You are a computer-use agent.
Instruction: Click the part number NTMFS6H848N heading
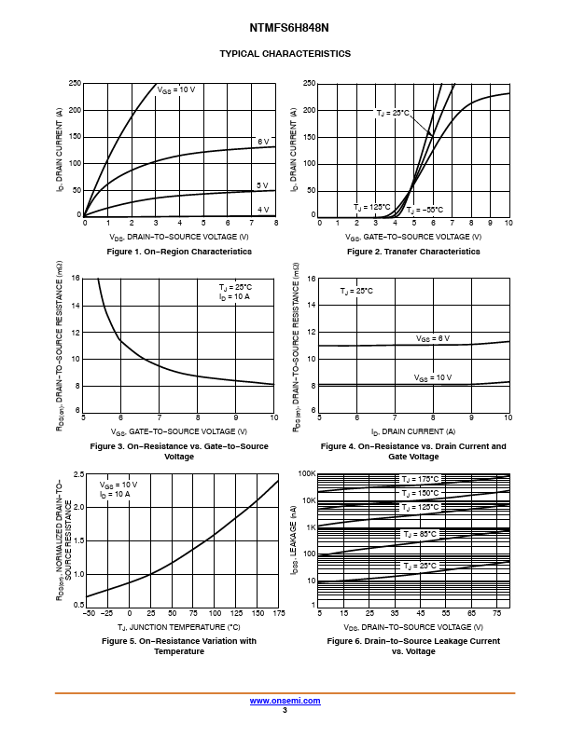pyautogui.click(x=285, y=28)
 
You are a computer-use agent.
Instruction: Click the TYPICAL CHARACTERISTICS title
pyautogui.click(x=285, y=54)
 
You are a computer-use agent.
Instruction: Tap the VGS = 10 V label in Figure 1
pyautogui.click(x=176, y=89)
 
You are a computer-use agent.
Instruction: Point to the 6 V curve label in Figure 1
pyautogui.click(x=263, y=142)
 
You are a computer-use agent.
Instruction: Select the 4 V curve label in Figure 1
pyautogui.click(x=263, y=210)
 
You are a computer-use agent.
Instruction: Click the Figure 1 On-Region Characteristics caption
pyautogui.click(x=179, y=252)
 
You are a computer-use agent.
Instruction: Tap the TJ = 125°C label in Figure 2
pyautogui.click(x=371, y=207)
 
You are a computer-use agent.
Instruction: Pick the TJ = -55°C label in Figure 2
pyautogui.click(x=425, y=210)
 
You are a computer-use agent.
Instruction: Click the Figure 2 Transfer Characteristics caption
pyautogui.click(x=413, y=252)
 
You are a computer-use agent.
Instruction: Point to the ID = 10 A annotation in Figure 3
pyautogui.click(x=234, y=296)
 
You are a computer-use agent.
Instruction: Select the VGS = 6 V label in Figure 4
pyautogui.click(x=433, y=338)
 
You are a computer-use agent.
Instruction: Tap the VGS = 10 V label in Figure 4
pyautogui.click(x=432, y=377)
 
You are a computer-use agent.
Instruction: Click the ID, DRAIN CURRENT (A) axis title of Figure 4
pyautogui.click(x=412, y=431)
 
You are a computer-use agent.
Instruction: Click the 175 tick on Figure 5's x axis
pyautogui.click(x=278, y=613)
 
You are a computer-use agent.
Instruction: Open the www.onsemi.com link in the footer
pyautogui.click(x=284, y=700)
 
